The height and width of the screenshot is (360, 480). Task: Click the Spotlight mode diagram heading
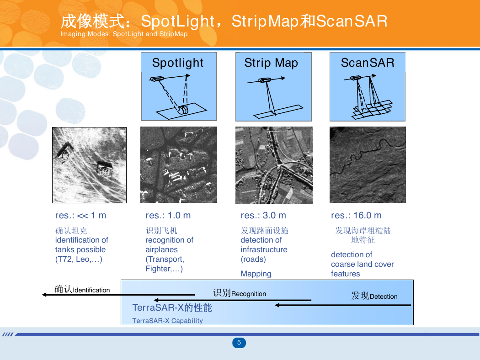178,63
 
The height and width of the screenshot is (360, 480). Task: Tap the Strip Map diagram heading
271,63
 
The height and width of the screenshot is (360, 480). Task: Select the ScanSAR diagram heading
368,63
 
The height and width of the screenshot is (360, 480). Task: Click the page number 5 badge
239,343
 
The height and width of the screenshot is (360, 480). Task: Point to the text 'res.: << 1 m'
80,215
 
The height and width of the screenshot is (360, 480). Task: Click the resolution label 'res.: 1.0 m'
168,215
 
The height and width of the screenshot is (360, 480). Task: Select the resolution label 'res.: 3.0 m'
263,215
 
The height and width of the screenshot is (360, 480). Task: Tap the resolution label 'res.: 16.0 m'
356,215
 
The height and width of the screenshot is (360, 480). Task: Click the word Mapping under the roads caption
256,274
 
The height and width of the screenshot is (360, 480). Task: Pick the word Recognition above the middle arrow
249,294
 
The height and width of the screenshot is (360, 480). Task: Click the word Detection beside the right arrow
384,296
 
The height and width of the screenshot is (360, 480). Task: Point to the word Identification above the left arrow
91,290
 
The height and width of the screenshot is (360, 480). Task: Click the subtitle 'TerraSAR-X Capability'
167,321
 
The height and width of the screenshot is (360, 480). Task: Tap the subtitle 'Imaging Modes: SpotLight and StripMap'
124,34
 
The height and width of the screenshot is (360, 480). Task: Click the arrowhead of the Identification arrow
44,295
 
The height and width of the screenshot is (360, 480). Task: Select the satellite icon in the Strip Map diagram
265,80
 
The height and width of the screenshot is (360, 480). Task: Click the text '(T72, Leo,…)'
79,259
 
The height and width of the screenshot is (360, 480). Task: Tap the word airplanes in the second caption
162,249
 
